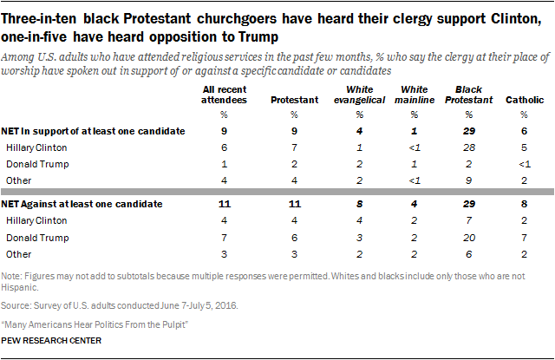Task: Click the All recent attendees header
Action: pos(223,94)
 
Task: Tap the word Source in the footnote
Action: pos(18,305)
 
